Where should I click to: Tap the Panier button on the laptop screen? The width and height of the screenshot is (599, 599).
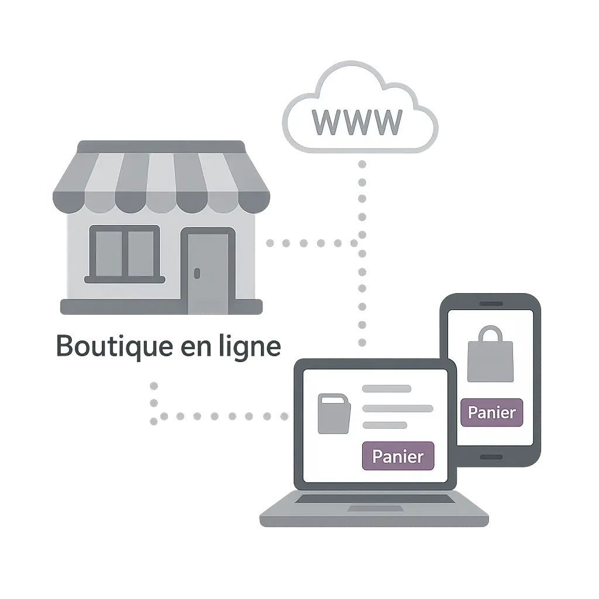(x=398, y=456)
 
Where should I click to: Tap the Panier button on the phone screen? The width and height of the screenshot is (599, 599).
(x=491, y=412)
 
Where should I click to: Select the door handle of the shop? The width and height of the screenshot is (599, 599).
(x=197, y=273)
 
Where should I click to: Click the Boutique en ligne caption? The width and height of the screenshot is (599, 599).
(x=168, y=347)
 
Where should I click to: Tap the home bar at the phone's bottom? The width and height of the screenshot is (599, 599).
(x=490, y=456)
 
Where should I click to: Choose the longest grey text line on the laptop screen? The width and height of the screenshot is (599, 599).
(x=398, y=408)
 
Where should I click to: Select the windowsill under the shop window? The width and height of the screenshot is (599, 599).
(x=124, y=280)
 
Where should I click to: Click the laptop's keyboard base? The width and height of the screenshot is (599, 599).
(x=374, y=515)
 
